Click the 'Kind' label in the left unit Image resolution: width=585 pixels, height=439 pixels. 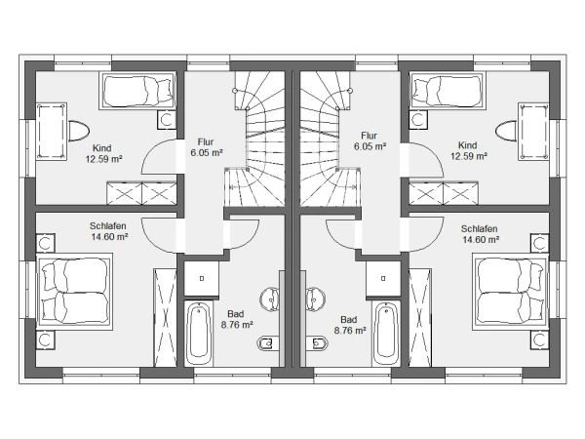click(101, 148)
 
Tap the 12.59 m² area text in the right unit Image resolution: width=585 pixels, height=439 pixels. click(469, 156)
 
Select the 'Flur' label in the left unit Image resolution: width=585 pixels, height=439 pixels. click(206, 142)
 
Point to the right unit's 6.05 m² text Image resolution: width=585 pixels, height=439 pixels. click(370, 146)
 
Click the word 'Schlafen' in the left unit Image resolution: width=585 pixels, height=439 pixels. click(108, 226)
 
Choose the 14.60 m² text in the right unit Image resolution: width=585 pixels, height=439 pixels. click(481, 239)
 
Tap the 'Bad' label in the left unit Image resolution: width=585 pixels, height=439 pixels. click(235, 314)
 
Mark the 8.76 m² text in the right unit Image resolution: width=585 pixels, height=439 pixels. click(350, 331)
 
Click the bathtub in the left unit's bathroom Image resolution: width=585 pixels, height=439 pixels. click(199, 334)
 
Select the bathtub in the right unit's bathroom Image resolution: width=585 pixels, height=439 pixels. click(386, 334)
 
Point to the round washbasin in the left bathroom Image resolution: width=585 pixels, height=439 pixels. click(269, 299)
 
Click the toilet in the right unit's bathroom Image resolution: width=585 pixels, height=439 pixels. click(317, 343)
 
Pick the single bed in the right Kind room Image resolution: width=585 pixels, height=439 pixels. click(447, 91)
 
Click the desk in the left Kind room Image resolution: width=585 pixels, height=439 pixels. click(52, 132)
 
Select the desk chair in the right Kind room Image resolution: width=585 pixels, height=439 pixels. click(506, 131)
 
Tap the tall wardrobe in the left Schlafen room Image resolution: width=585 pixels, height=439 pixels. click(165, 317)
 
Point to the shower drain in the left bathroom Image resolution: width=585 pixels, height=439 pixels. click(202, 278)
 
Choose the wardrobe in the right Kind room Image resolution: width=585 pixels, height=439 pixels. click(444, 193)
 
